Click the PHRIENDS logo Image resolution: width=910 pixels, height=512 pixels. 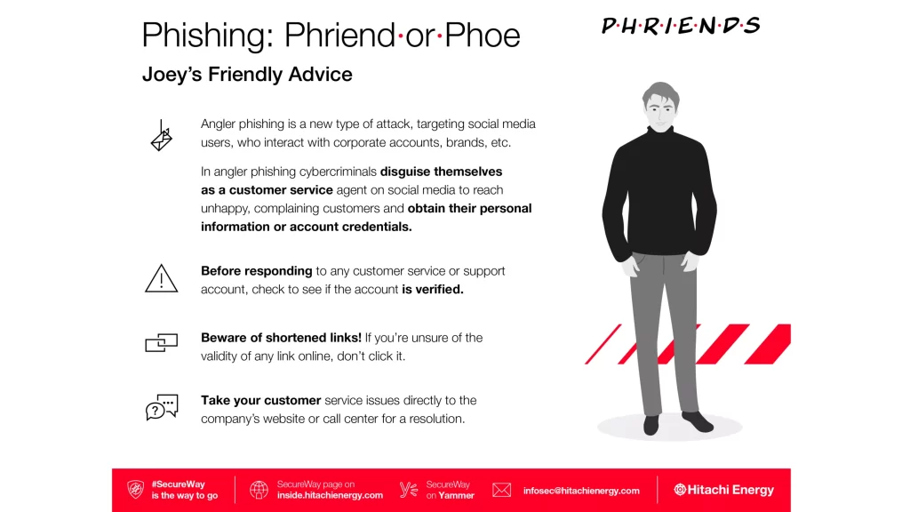681,26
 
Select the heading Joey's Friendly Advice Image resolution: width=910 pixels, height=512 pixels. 247,75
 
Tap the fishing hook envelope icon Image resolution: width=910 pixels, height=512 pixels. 162,136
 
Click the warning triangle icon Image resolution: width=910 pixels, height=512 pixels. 162,278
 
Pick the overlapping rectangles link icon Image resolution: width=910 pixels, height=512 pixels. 162,342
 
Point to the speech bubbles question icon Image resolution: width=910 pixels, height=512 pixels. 162,407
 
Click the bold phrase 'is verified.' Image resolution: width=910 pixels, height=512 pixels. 433,289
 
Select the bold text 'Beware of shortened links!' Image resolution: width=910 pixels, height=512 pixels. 281,338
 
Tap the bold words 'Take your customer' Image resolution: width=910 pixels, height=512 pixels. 260,401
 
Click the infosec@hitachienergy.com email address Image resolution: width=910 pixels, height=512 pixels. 581,491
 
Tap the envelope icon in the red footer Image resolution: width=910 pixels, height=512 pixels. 501,490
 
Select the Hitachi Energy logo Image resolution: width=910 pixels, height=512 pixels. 723,490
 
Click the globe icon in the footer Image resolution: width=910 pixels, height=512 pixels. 259,490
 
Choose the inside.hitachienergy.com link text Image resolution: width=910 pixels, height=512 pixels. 330,495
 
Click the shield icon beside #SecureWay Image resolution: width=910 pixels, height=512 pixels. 136,490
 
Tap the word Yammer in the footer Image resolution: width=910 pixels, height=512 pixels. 456,495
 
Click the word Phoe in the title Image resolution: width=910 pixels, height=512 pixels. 483,36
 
